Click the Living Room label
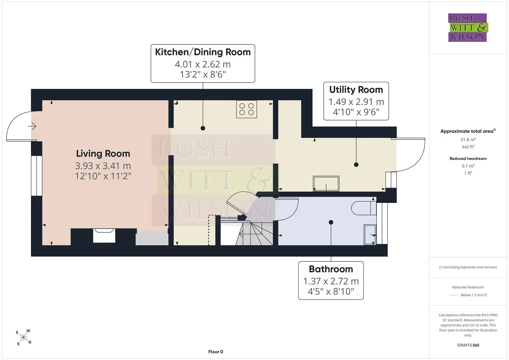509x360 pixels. [x=103, y=154]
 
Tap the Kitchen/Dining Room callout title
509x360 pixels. [x=203, y=52]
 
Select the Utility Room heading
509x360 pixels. [x=356, y=90]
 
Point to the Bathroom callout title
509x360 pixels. [x=331, y=269]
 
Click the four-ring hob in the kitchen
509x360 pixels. [x=247, y=109]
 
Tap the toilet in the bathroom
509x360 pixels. [x=364, y=208]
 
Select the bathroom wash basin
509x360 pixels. [x=370, y=235]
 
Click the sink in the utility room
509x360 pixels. [x=326, y=184]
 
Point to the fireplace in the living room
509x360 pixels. [x=104, y=236]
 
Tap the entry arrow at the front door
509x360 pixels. [x=32, y=126]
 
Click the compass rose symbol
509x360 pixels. [x=23, y=337]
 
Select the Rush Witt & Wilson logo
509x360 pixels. [x=468, y=27]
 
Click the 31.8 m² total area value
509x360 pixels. [x=468, y=140]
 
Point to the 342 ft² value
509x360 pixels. [x=468, y=147]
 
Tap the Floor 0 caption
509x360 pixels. [x=216, y=352]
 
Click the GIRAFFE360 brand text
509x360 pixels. [x=468, y=345]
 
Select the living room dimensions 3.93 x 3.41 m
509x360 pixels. [x=103, y=166]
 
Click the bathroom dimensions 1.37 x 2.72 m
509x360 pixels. [x=331, y=281]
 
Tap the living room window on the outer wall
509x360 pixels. [x=37, y=176]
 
